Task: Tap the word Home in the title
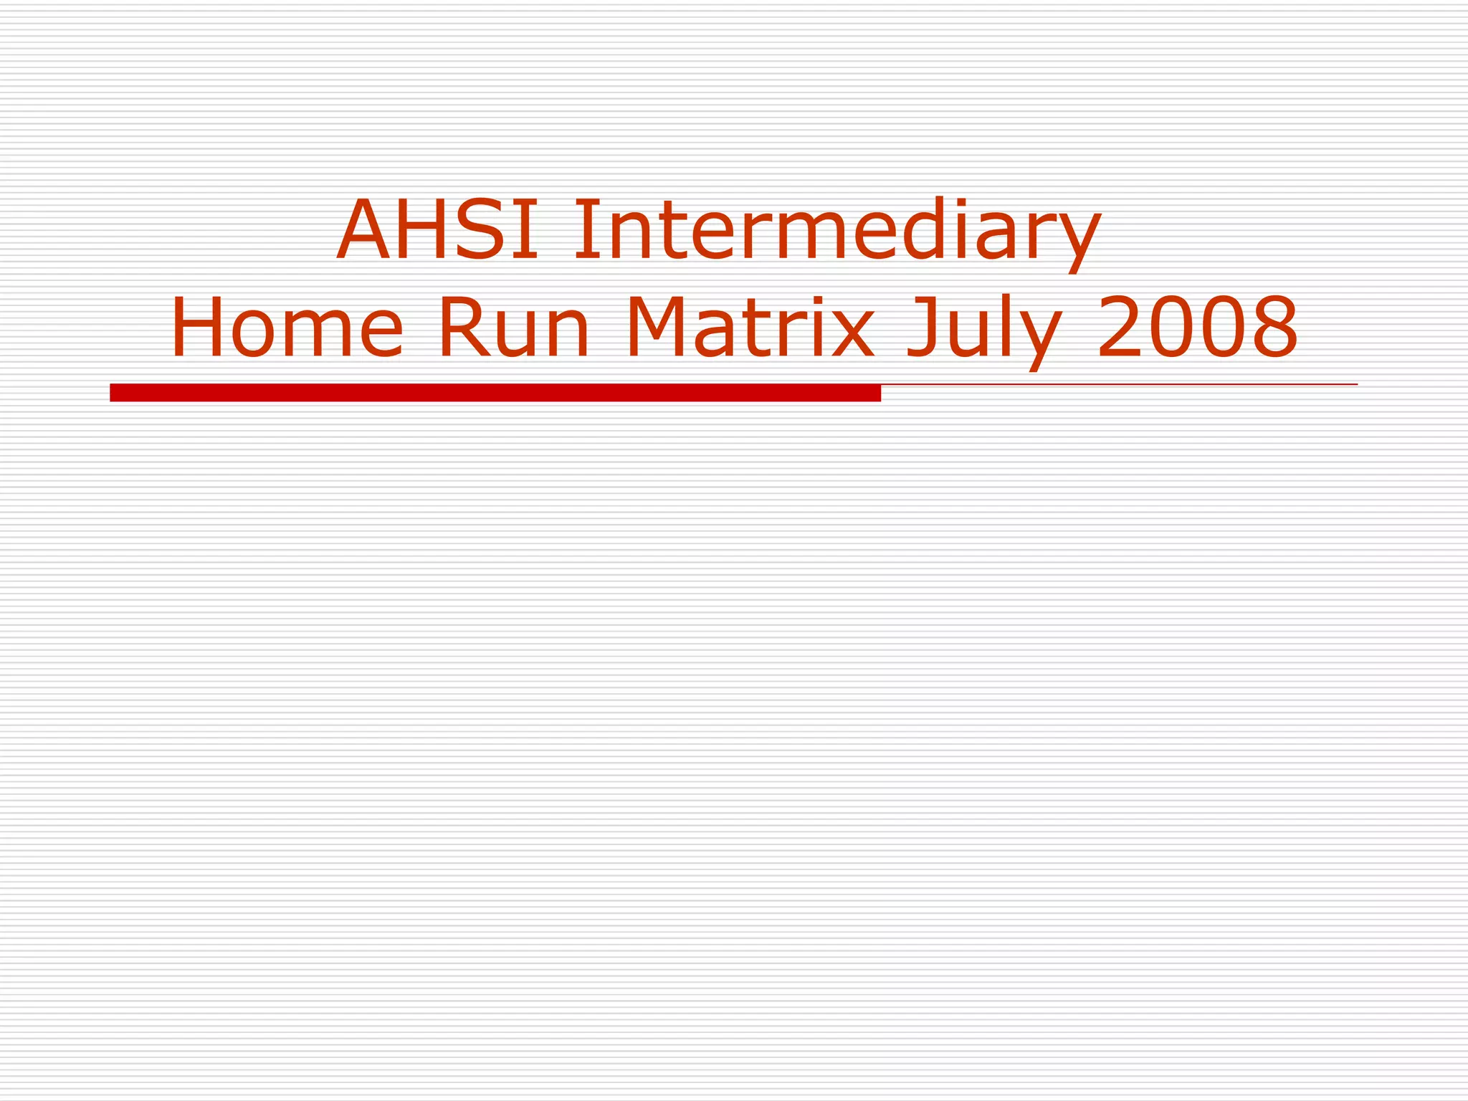tap(287, 328)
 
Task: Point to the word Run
tap(513, 328)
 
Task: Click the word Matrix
tap(750, 328)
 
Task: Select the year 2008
tap(1197, 328)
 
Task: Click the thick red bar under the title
tap(495, 393)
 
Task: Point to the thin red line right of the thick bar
tap(1118, 385)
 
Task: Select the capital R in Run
tap(462, 328)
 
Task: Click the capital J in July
tap(922, 328)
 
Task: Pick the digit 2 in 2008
tap(1121, 328)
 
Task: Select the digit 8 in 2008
tap(1273, 328)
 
